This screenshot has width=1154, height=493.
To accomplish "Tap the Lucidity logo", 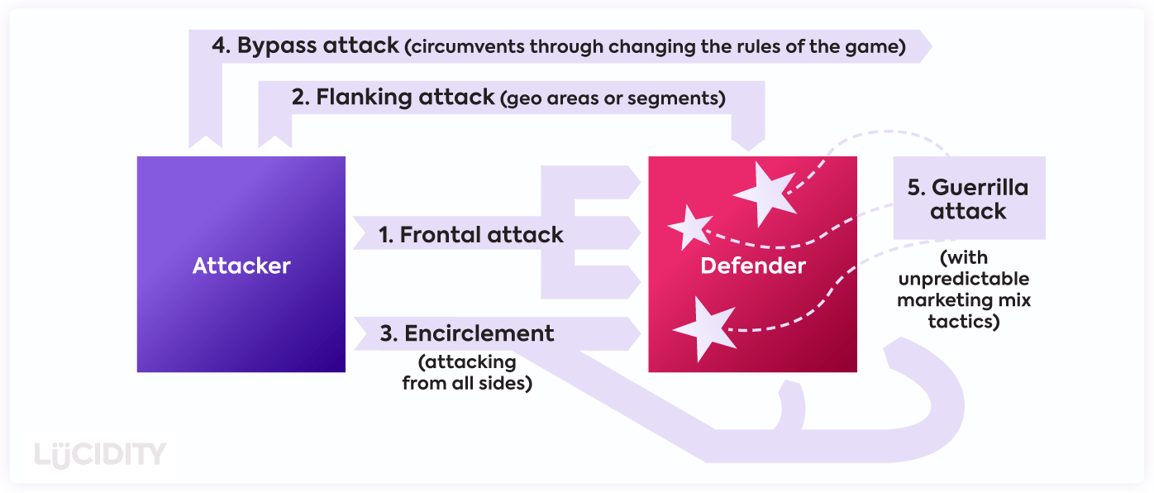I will pyautogui.click(x=101, y=455).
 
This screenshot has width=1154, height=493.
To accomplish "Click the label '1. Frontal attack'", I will pyautogui.click(x=471, y=235).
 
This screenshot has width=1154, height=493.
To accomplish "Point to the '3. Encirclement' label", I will pyautogui.click(x=467, y=333).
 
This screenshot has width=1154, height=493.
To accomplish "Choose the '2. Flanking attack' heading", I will pyautogui.click(x=393, y=97).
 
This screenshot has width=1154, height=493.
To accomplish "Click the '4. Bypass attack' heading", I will pyautogui.click(x=306, y=45).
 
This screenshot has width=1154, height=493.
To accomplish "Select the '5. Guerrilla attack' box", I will pyautogui.click(x=968, y=199).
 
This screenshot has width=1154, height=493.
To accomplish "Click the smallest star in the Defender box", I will pyautogui.click(x=689, y=226).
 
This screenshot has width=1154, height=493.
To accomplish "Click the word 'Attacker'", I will pyautogui.click(x=241, y=266).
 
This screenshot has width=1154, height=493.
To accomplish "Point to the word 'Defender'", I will pyautogui.click(x=752, y=266).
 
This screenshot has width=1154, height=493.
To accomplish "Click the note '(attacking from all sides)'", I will pyautogui.click(x=467, y=373).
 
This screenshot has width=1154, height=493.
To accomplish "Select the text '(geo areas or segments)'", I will pyautogui.click(x=613, y=98).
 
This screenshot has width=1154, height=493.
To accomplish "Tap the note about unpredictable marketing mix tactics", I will pyautogui.click(x=964, y=290).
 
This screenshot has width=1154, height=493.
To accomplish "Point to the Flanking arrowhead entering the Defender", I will pyautogui.click(x=749, y=142).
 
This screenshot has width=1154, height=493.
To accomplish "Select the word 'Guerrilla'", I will pyautogui.click(x=980, y=188).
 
